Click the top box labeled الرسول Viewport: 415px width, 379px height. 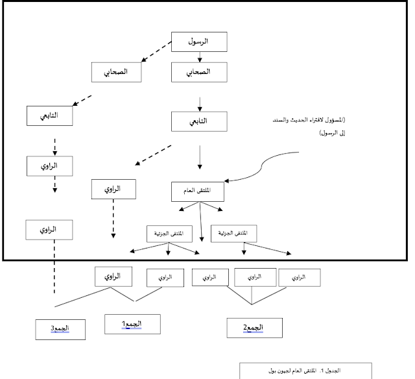coord(199,42)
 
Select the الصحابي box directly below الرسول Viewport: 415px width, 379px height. coord(199,73)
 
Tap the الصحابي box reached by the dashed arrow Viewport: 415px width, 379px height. coord(117,73)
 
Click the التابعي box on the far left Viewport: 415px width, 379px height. coord(49,116)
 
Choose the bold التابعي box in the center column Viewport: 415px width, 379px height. coord(199,120)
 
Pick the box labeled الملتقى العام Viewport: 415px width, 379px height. coord(199,191)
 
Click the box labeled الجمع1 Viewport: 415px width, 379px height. coord(132,323)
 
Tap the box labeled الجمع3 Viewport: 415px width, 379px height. coord(60,328)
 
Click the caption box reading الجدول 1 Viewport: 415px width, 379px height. coord(305,371)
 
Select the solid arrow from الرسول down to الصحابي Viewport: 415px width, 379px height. coord(199,57)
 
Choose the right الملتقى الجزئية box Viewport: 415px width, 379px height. coord(234,233)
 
